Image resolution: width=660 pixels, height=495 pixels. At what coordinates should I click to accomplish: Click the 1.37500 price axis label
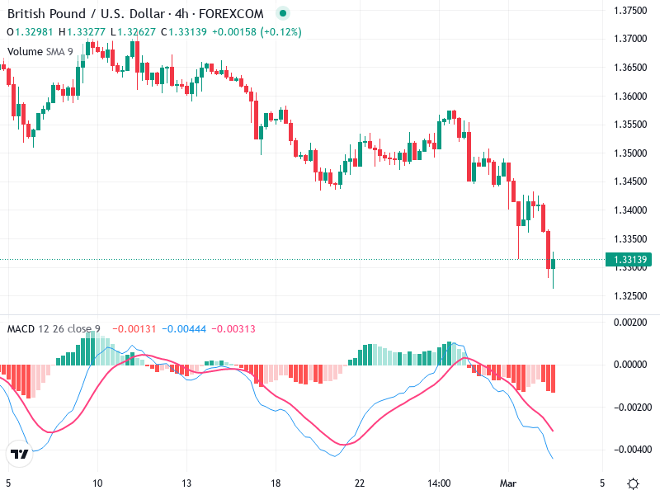pos(630,10)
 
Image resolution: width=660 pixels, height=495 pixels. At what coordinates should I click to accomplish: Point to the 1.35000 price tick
pos(630,153)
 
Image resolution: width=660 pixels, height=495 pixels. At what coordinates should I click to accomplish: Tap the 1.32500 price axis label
pos(630,295)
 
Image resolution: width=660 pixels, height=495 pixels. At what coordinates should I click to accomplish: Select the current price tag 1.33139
pos(630,260)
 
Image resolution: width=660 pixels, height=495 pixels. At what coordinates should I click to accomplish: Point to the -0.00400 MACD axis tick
pos(630,450)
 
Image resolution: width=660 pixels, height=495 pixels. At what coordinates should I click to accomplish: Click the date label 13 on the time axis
pos(187,483)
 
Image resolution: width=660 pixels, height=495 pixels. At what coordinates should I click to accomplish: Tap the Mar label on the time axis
pos(508,483)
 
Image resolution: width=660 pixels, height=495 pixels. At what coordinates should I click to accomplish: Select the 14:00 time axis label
pos(439,483)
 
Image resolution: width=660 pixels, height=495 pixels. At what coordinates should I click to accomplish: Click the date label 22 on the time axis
pos(359,483)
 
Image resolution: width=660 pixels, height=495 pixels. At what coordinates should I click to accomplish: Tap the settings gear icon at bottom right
pos(633,483)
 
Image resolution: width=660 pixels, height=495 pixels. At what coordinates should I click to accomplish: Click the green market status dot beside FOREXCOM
pos(283,14)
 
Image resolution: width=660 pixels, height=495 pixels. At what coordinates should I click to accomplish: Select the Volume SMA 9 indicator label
pos(40,51)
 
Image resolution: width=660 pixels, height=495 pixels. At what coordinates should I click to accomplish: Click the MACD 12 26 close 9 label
pos(54,329)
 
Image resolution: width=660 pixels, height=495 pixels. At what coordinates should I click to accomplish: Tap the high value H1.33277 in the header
pos(86,32)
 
